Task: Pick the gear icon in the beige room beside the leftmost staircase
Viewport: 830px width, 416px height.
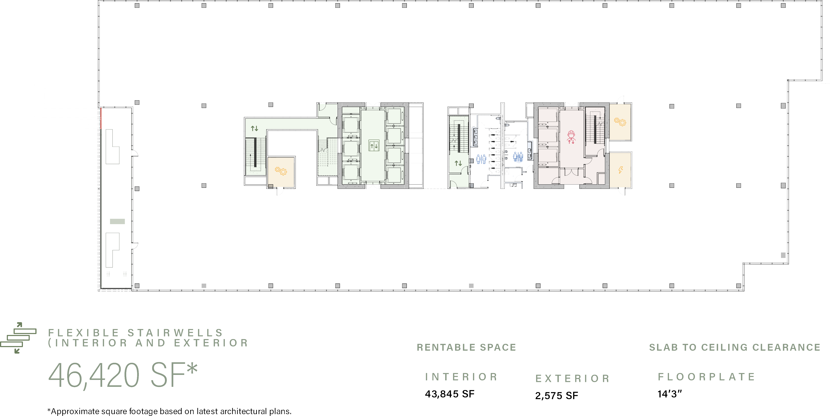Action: [x=281, y=171]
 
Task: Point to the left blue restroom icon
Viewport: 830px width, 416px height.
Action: [x=481, y=159]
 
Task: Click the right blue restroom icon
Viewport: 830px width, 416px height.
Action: [x=518, y=157]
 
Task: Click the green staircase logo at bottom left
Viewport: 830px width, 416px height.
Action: [x=18, y=337]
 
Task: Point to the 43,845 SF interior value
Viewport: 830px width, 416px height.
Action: [x=449, y=394]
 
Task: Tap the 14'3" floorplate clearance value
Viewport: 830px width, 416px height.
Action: [x=669, y=394]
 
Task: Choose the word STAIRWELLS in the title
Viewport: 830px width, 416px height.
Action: [x=175, y=333]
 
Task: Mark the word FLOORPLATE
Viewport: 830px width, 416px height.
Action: [x=706, y=377]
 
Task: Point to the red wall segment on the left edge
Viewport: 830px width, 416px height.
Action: [x=101, y=118]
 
